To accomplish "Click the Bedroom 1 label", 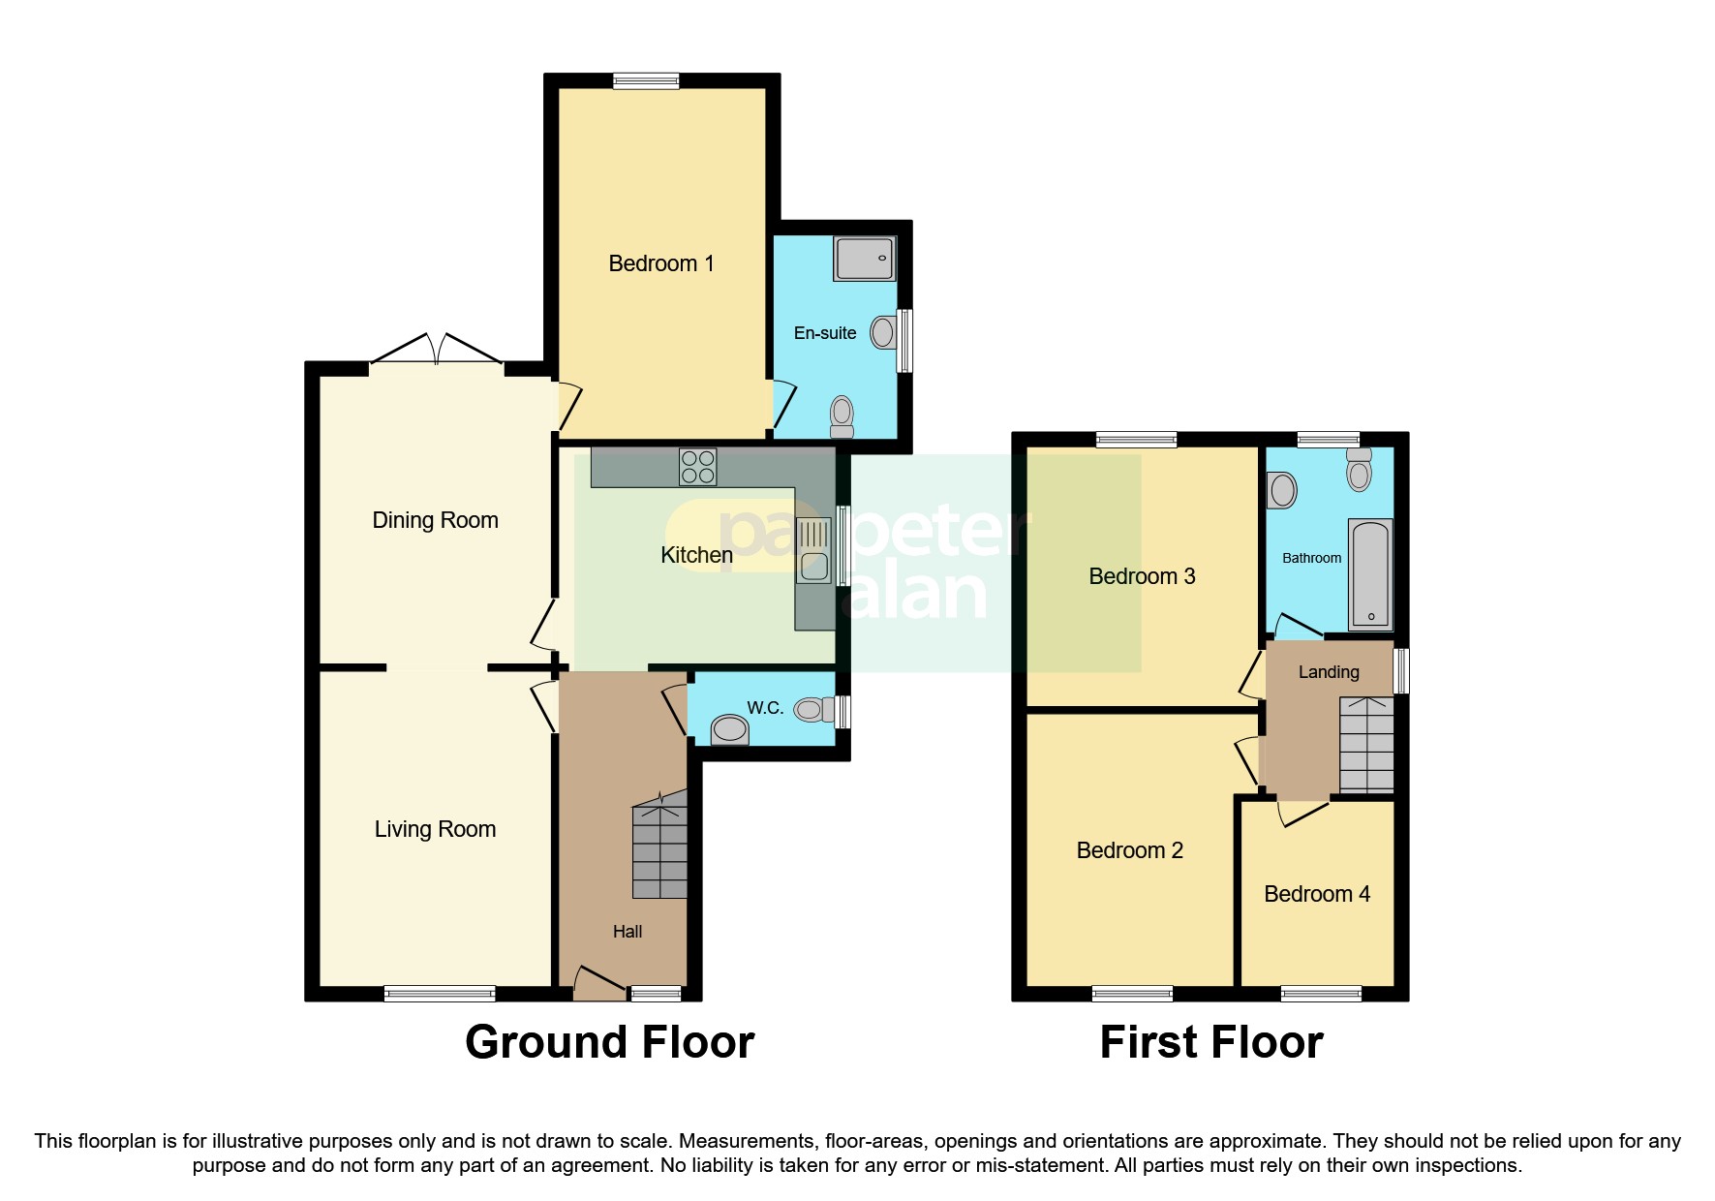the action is pos(660,263).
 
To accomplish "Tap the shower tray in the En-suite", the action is pos(864,259).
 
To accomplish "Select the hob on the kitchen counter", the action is pos(698,466).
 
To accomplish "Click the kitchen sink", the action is pos(814,550).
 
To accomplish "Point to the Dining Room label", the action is pos(435,520).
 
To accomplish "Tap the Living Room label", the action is pos(435,829).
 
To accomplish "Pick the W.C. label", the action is pos(765,708).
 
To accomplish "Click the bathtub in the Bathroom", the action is pos(1370,574).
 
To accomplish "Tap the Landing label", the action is pos(1329,672).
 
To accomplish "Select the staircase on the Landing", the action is pos(1366,745).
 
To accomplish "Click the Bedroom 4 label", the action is pos(1317,894).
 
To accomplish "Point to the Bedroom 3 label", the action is pos(1142,576).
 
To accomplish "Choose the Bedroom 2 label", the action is pos(1130,850).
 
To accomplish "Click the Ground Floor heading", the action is pos(609,1042).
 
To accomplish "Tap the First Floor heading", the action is pos(1211,1042).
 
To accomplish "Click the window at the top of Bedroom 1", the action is pos(646,81).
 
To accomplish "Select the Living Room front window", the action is pos(440,993).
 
